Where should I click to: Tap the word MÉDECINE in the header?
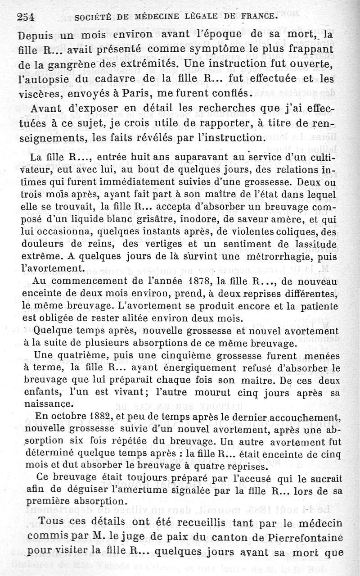point(154,18)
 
